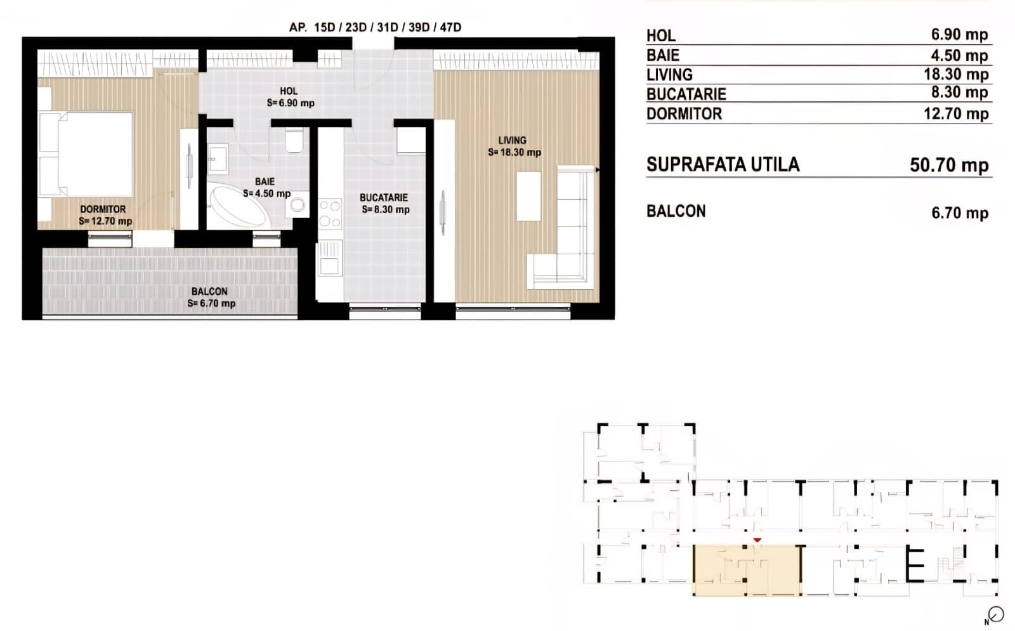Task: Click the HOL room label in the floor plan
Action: pyautogui.click(x=289, y=91)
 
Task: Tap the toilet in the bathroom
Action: pyautogui.click(x=294, y=140)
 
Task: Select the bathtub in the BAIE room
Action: pyautogui.click(x=237, y=206)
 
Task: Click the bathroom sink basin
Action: pyautogui.click(x=218, y=159)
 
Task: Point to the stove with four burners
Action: pyautogui.click(x=330, y=213)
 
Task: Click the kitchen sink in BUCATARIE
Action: pyautogui.click(x=329, y=259)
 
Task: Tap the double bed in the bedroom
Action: pyautogui.click(x=86, y=154)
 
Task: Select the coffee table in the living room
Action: pyautogui.click(x=529, y=196)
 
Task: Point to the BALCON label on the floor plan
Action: pyautogui.click(x=209, y=291)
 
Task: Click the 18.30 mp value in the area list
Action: pyautogui.click(x=956, y=74)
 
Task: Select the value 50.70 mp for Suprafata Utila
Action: pyautogui.click(x=949, y=165)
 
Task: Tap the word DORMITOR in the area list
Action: pyautogui.click(x=684, y=114)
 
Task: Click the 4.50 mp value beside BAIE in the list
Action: pyautogui.click(x=959, y=55)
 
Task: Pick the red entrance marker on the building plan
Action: pyautogui.click(x=757, y=540)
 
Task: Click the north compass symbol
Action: pyautogui.click(x=996, y=615)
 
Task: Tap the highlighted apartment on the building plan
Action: pyautogui.click(x=747, y=570)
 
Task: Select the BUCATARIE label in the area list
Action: pyautogui.click(x=686, y=94)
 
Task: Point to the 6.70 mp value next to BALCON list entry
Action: pyautogui.click(x=960, y=213)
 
